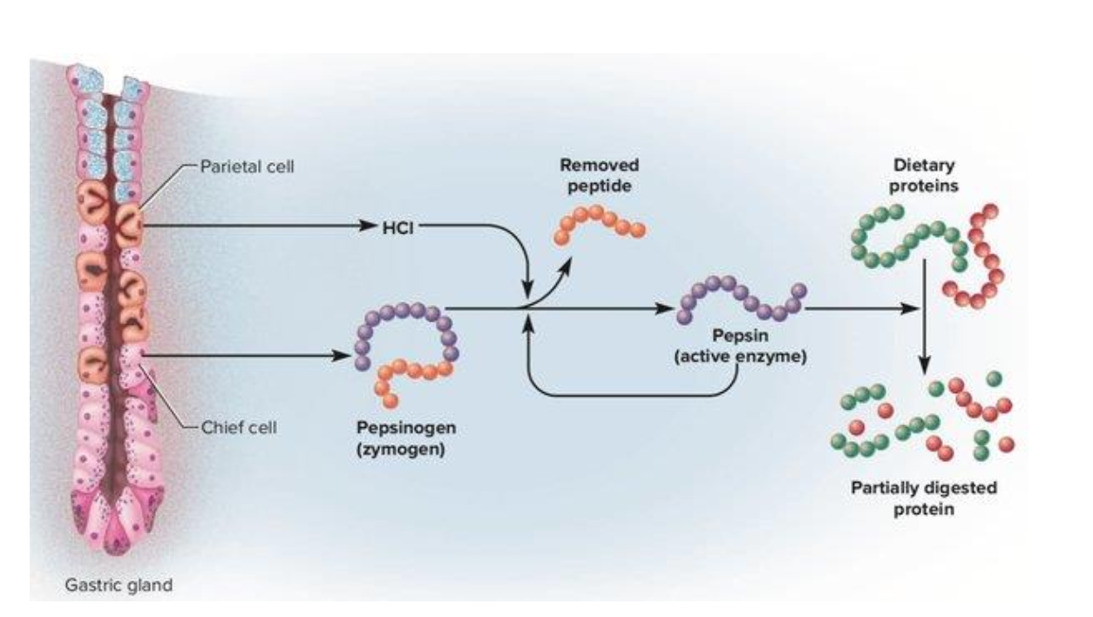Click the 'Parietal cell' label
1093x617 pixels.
tap(247, 167)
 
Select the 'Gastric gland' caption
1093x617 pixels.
tap(119, 585)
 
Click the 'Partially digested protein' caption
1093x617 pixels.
tap(923, 497)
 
